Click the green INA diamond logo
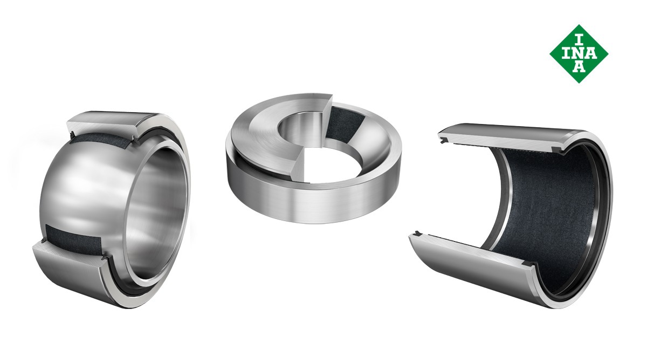pyautogui.click(x=579, y=54)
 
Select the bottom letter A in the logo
pyautogui.click(x=579, y=66)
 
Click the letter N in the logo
pyautogui.click(x=579, y=53)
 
